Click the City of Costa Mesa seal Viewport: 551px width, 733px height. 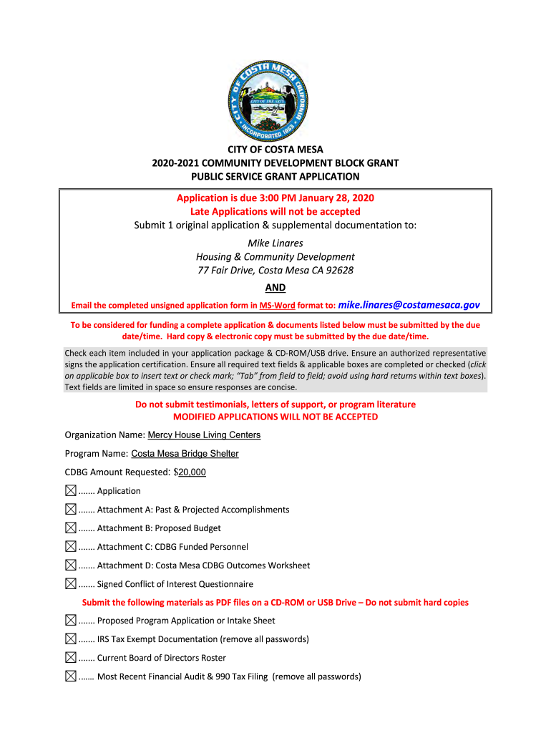[x=275, y=100]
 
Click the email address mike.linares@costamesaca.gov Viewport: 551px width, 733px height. [x=409, y=305]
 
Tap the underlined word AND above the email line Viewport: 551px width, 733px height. [x=275, y=288]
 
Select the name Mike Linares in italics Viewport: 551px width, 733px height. [x=275, y=243]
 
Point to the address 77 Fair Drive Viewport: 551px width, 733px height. [x=275, y=271]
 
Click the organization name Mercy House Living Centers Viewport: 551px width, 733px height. [x=204, y=435]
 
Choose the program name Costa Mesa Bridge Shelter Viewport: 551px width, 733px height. [x=185, y=454]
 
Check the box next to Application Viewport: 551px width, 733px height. [x=70, y=491]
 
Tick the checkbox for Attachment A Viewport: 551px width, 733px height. [x=70, y=510]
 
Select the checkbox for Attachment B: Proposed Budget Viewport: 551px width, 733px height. [x=70, y=528]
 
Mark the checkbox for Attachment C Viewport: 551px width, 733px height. [x=70, y=547]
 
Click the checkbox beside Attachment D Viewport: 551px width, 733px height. [x=70, y=565]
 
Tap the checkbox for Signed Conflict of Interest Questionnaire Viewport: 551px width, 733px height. [x=70, y=584]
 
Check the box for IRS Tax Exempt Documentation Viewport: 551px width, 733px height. [x=70, y=639]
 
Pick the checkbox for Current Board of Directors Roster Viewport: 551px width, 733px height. [x=70, y=658]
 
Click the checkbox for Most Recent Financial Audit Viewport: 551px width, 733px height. [x=70, y=676]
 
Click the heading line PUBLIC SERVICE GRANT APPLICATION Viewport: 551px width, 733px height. [x=275, y=176]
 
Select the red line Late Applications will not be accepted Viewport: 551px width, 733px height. [x=275, y=212]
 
